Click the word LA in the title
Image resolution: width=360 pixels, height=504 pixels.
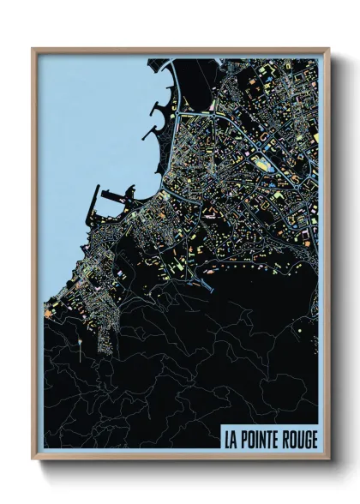coord(231,440)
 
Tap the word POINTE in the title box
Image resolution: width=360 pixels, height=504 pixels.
coord(263,440)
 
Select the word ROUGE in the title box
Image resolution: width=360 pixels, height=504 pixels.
coord(301,440)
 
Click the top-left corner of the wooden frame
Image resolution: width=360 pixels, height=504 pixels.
coord(33,49)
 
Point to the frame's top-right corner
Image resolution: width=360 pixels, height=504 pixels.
coord(329,49)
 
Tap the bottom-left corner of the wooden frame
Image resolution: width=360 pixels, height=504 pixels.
coord(33,460)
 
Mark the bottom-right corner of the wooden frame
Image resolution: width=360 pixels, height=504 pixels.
coord(329,460)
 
